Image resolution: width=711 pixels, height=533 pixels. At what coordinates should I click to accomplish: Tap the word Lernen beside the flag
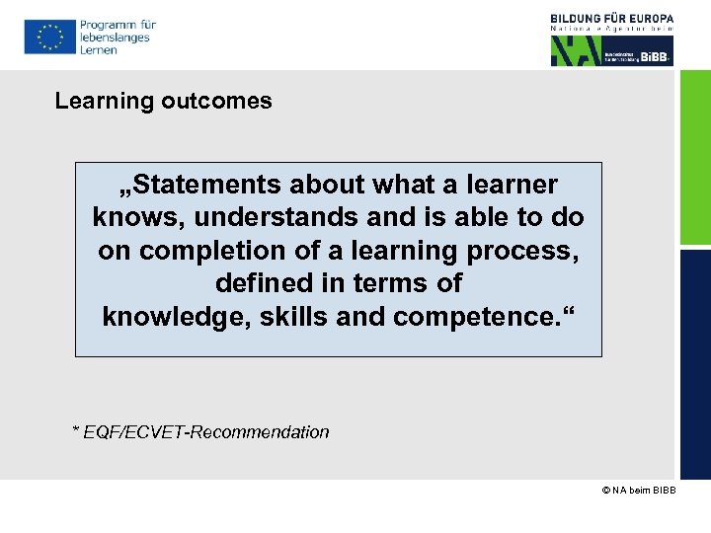(98, 50)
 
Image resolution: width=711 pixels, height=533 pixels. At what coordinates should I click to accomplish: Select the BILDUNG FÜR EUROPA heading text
(612, 18)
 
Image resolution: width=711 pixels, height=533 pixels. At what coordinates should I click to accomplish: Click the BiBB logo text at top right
(655, 56)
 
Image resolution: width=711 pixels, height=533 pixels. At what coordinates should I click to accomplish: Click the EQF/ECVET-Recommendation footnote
(206, 432)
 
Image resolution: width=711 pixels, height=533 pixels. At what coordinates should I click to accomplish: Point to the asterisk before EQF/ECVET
(75, 430)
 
